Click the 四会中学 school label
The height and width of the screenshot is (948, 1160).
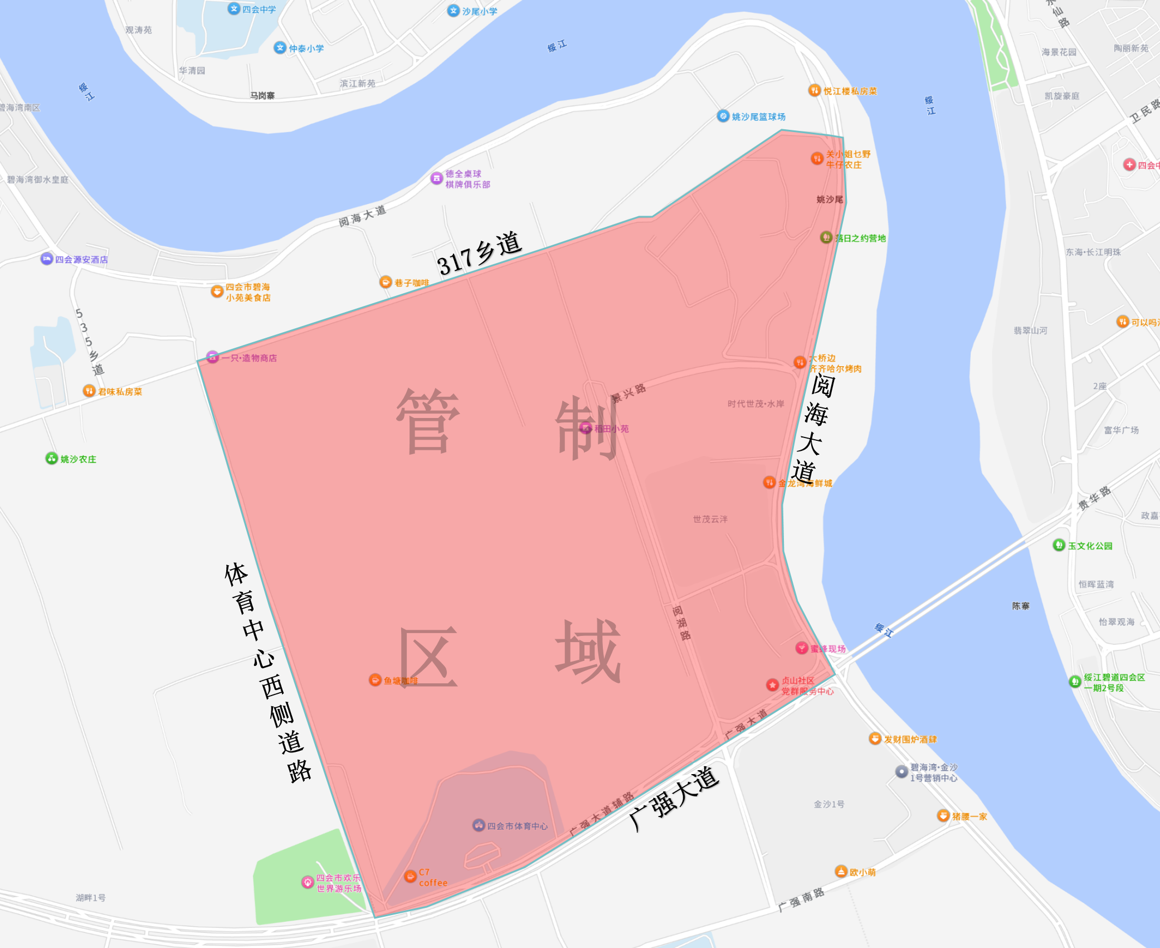click(x=259, y=9)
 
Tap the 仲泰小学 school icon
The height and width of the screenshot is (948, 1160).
click(x=280, y=48)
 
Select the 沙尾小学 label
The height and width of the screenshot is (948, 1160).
click(x=479, y=11)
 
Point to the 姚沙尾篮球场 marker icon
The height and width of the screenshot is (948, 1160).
click(x=723, y=116)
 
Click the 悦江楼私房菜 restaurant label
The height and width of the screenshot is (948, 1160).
click(x=850, y=91)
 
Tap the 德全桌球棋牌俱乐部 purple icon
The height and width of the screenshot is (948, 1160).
click(x=437, y=178)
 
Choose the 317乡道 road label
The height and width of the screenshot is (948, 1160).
click(x=479, y=254)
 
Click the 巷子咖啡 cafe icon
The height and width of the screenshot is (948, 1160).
click(x=386, y=282)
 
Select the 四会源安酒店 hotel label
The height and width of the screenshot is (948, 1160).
click(x=81, y=259)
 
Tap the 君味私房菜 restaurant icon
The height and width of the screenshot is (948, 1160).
click(x=89, y=391)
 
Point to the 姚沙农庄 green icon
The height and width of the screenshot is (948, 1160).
click(x=52, y=458)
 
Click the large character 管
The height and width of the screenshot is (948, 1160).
click(x=427, y=421)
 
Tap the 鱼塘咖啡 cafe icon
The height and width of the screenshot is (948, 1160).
click(x=376, y=680)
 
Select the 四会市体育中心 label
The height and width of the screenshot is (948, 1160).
click(x=517, y=826)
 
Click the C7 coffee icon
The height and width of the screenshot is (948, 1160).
click(x=411, y=877)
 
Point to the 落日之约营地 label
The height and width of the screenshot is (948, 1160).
click(x=860, y=238)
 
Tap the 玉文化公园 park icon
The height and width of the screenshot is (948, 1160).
click(x=1059, y=545)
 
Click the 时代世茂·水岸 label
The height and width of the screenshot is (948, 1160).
click(x=756, y=403)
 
